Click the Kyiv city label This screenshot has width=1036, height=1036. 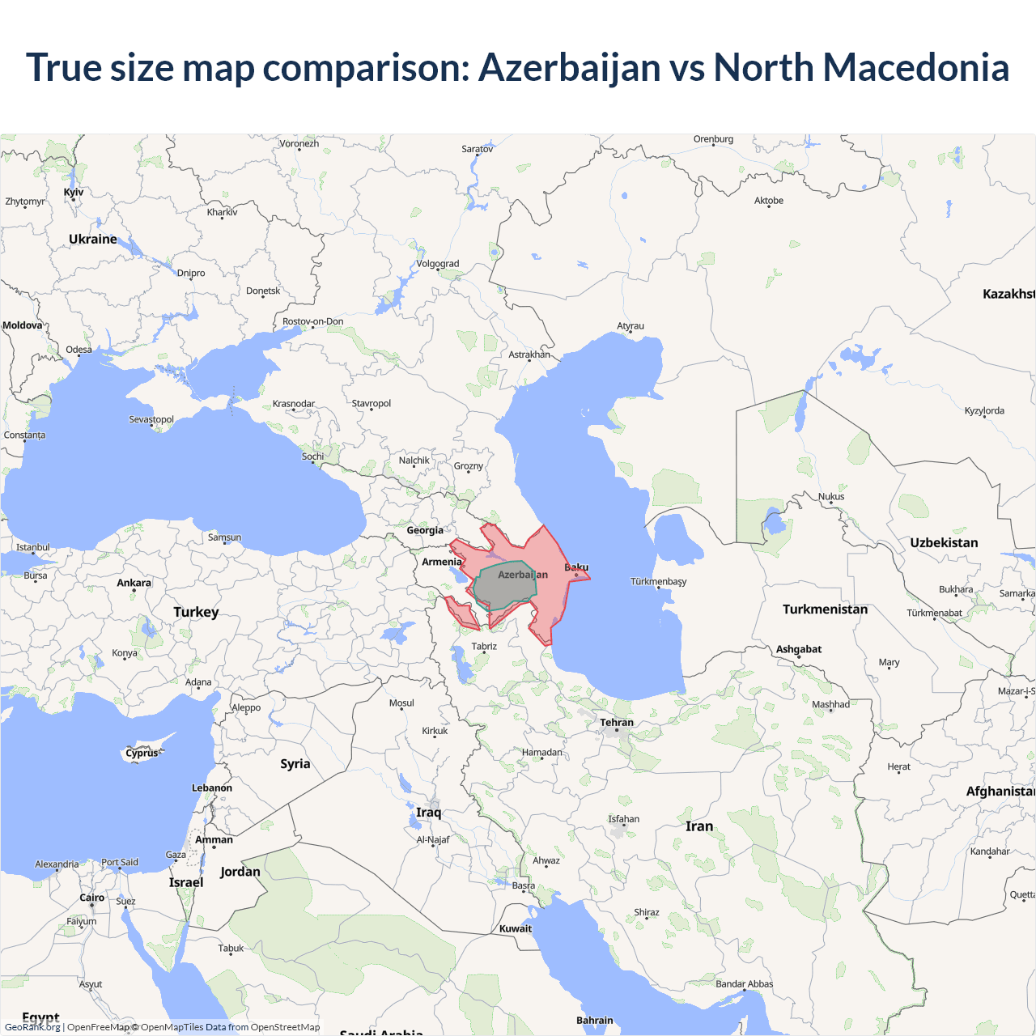click(x=74, y=193)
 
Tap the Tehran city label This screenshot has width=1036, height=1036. click(x=617, y=723)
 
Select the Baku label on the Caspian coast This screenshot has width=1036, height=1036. click(x=576, y=567)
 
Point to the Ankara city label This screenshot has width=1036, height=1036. click(x=134, y=583)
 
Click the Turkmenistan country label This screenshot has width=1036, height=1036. click(x=825, y=609)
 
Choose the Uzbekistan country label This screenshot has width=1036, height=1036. click(x=944, y=543)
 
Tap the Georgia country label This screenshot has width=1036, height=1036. click(x=425, y=531)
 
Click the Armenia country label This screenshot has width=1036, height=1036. click(x=442, y=562)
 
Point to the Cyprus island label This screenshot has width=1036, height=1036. click(x=142, y=754)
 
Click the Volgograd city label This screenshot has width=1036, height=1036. click(x=438, y=264)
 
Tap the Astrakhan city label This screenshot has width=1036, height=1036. click(x=529, y=355)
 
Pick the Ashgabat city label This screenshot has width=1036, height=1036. click(x=799, y=649)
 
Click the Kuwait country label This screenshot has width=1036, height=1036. click(x=516, y=928)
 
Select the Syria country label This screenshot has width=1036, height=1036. click(x=295, y=764)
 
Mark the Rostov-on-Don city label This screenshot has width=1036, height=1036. click(x=313, y=321)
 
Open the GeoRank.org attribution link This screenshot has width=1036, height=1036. click(x=32, y=1027)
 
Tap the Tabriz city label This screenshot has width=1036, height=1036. click(x=484, y=646)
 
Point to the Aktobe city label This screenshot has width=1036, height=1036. click(x=769, y=201)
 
